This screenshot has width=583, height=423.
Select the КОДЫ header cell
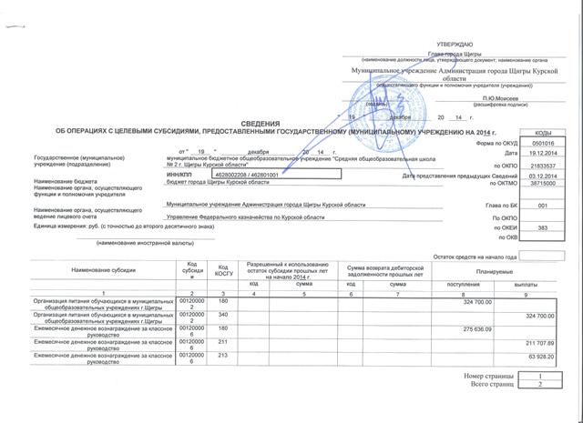pyautogui.click(x=541, y=133)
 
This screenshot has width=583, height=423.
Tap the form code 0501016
pyautogui.click(x=541, y=143)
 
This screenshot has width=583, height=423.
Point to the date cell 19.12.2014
pyautogui.click(x=541, y=154)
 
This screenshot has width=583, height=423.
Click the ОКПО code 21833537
pyautogui.click(x=541, y=165)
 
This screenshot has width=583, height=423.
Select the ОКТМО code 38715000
pyautogui.click(x=541, y=185)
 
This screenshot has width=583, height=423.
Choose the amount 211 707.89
pyautogui.click(x=540, y=341)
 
